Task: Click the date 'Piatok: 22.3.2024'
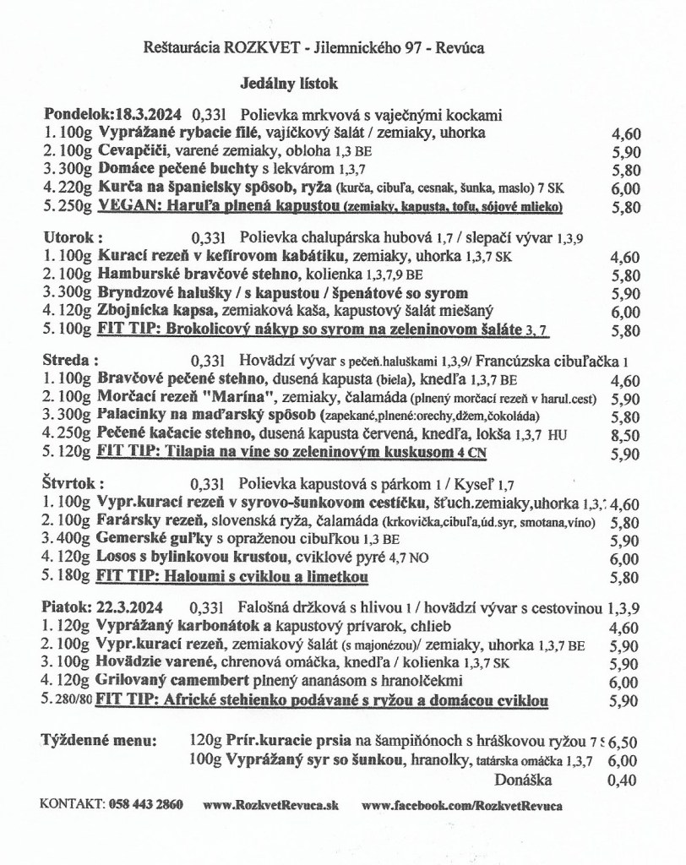[x=102, y=607]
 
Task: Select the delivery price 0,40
[x=623, y=780]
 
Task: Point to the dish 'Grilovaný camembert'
[x=177, y=682]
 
